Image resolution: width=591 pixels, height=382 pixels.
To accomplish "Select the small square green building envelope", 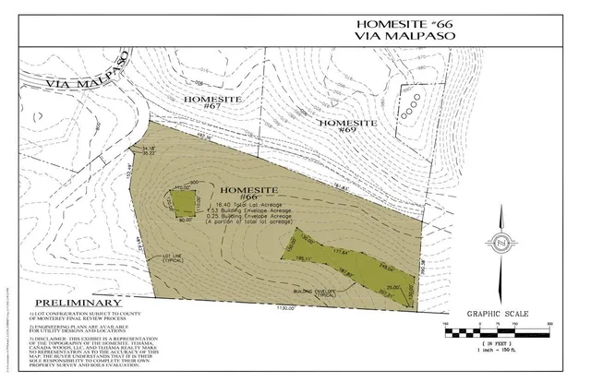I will pos(183,202).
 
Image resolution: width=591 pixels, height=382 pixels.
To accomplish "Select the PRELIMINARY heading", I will pos(78,304).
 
